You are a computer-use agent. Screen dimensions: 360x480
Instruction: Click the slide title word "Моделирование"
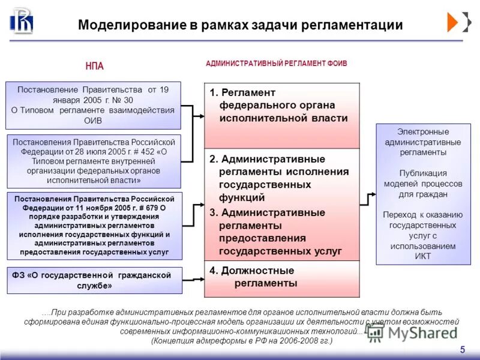pyautogui.click(x=125, y=25)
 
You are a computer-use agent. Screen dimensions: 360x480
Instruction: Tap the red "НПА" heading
pyautogui.click(x=95, y=67)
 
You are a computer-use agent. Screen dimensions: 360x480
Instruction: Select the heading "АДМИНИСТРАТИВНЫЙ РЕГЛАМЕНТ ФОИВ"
pyautogui.click(x=276, y=63)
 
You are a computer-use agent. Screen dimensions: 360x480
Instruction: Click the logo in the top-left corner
pyautogui.click(x=22, y=22)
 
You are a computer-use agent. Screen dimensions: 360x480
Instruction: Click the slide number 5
pyautogui.click(x=462, y=350)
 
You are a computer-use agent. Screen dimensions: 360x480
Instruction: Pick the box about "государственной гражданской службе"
pyautogui.click(x=94, y=280)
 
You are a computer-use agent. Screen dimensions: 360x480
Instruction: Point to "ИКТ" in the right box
pyautogui.click(x=422, y=256)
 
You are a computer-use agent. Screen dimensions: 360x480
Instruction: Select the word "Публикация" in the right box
pyautogui.click(x=422, y=173)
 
